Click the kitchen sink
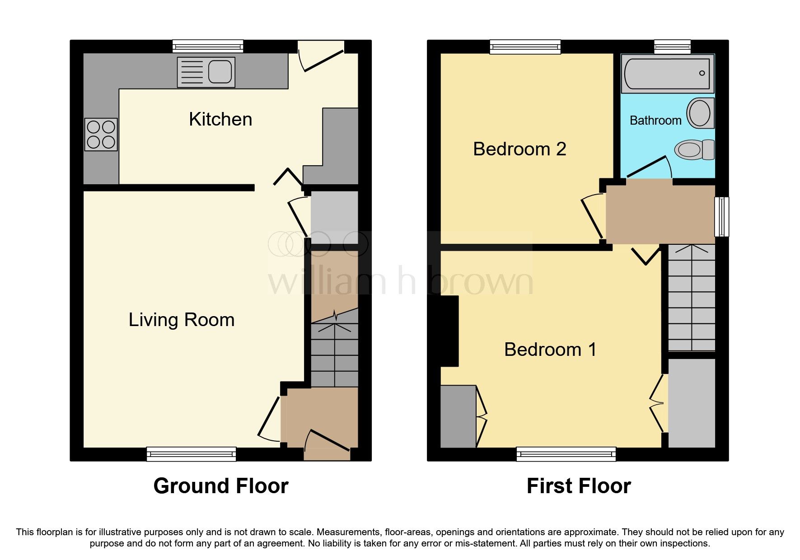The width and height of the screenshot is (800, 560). coord(206,72)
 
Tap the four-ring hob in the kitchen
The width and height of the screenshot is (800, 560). coord(101,135)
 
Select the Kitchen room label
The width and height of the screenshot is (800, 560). coord(220,119)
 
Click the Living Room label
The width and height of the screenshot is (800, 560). coord(182,320)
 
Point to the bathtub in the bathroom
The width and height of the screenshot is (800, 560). coord(667,74)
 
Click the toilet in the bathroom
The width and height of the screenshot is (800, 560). coord(694,149)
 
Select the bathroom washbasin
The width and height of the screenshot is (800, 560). coord(700,113)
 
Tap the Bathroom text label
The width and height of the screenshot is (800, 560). coord(655,121)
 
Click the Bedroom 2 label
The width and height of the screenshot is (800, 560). coord(519,149)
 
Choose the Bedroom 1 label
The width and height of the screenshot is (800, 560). coord(550,350)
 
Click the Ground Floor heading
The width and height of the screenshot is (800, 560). coord(221,486)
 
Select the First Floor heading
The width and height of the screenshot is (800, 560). coord(579,486)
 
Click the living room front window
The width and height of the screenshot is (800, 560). coord(191,453)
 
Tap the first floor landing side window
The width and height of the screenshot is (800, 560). coord(721,216)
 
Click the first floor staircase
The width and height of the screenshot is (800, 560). coord(691,298)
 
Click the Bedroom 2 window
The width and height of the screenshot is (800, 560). coord(525,46)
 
